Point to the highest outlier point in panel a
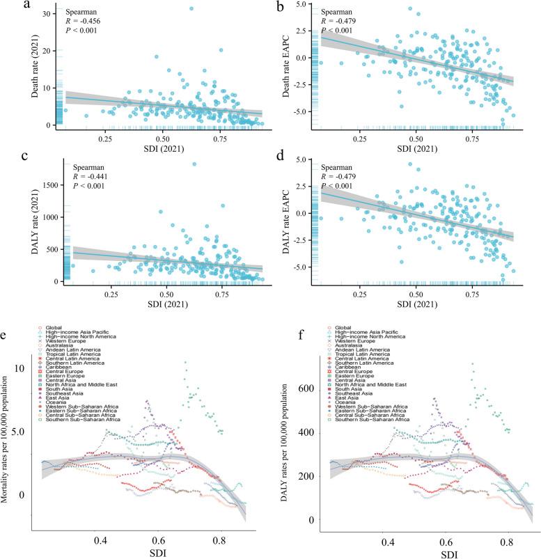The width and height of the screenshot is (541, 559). point(191,8)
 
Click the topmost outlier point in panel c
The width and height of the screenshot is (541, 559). point(194,164)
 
